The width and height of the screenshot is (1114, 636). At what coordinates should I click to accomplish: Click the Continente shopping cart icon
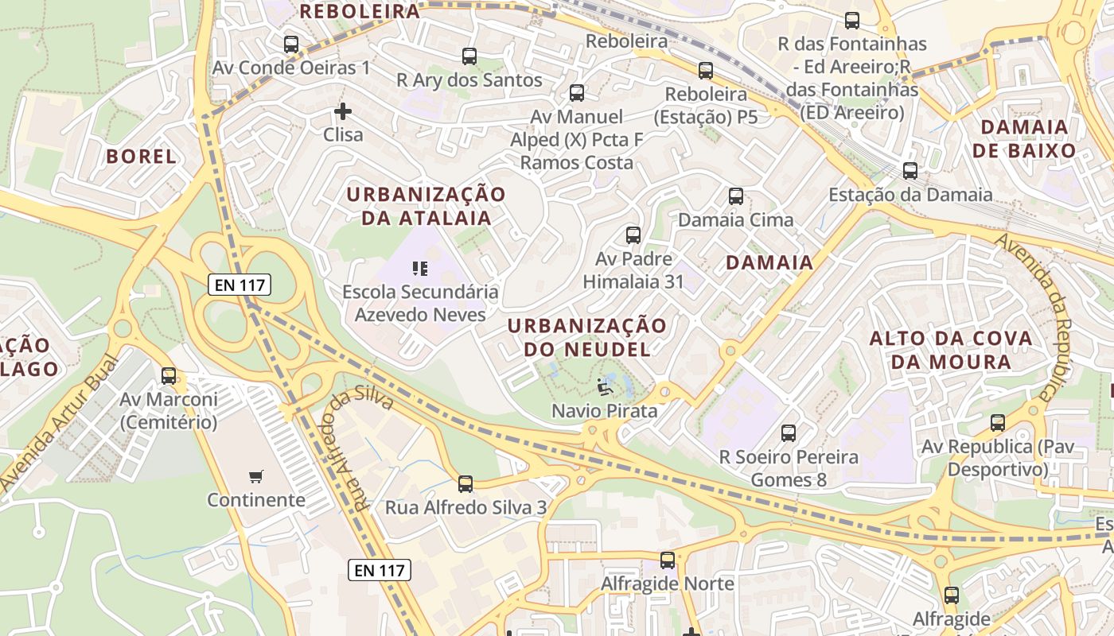(x=255, y=477)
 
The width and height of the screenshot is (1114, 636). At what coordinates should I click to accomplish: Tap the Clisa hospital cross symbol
(x=343, y=111)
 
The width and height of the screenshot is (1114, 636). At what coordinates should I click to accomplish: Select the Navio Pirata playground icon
(x=605, y=388)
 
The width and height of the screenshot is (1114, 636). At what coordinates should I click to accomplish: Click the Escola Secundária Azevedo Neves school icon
(x=420, y=269)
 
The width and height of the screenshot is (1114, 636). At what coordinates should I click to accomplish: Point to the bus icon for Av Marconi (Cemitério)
(x=169, y=376)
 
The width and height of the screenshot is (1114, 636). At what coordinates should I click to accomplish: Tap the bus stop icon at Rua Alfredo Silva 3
(x=465, y=483)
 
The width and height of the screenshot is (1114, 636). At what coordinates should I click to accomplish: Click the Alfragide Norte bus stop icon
(x=668, y=560)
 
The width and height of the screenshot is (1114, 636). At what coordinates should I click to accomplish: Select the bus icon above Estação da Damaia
(x=910, y=171)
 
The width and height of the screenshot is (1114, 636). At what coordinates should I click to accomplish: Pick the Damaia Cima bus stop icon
(x=736, y=196)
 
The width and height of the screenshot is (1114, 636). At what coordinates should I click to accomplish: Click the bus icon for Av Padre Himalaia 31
(x=633, y=235)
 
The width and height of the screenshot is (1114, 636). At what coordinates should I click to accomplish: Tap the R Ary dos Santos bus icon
(x=469, y=56)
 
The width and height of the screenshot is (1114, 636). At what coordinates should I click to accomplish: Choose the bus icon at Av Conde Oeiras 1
(x=291, y=45)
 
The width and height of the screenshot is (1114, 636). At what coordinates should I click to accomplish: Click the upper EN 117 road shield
(x=240, y=285)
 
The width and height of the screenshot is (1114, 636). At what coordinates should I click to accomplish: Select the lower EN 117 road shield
(x=380, y=569)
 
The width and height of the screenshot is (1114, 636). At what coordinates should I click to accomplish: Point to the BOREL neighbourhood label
(x=142, y=157)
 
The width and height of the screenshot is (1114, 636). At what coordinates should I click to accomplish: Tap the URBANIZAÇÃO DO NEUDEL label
(x=587, y=337)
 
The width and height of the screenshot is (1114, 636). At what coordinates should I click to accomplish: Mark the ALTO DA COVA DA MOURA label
(x=951, y=350)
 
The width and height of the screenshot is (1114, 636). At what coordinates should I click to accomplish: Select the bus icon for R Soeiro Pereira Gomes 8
(x=789, y=433)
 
